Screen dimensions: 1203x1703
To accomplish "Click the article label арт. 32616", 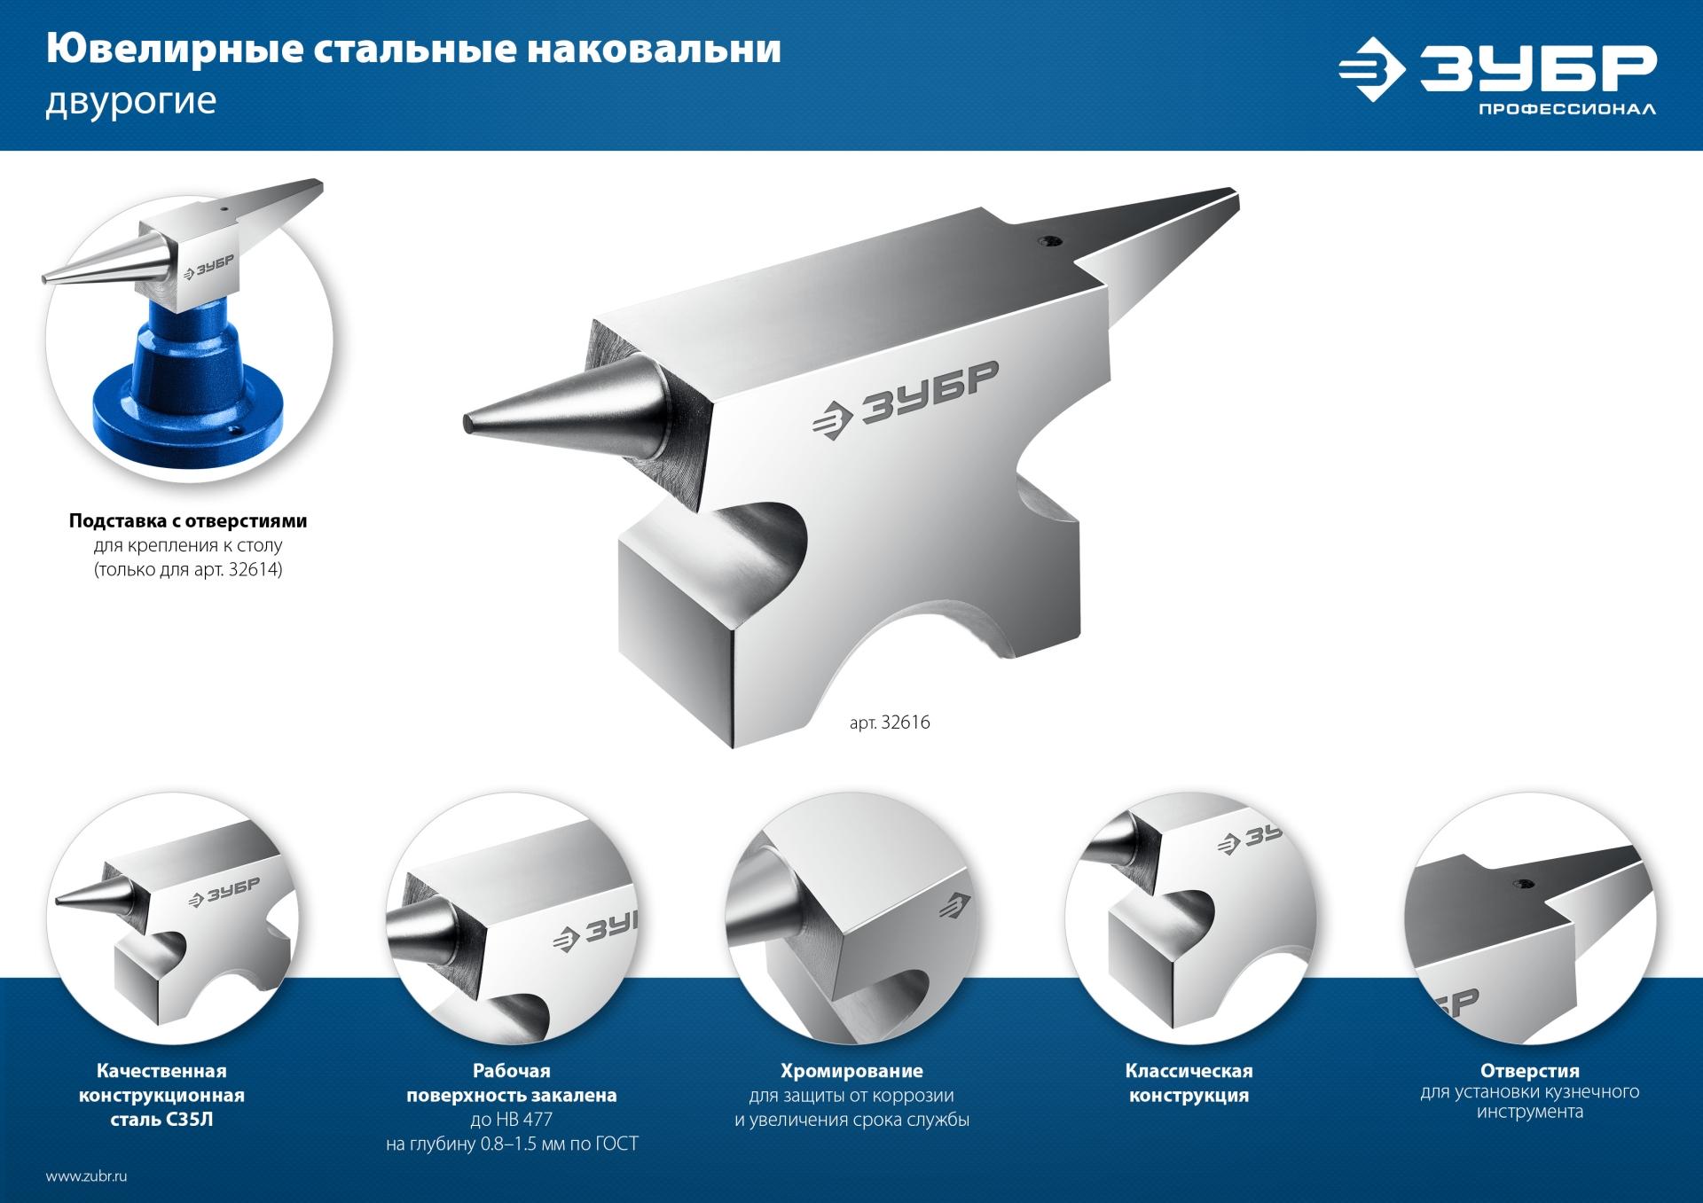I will (890, 723).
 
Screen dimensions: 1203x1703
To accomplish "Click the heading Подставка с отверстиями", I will (188, 521).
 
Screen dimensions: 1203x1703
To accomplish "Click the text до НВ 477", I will (512, 1120).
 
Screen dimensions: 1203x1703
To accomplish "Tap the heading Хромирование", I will (851, 1071).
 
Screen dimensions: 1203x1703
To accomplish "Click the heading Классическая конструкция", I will (1189, 1083).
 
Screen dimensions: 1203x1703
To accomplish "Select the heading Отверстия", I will (1529, 1071).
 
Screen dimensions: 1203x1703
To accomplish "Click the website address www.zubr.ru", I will (87, 1177).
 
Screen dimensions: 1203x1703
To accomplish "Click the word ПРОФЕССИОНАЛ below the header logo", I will (1566, 110).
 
